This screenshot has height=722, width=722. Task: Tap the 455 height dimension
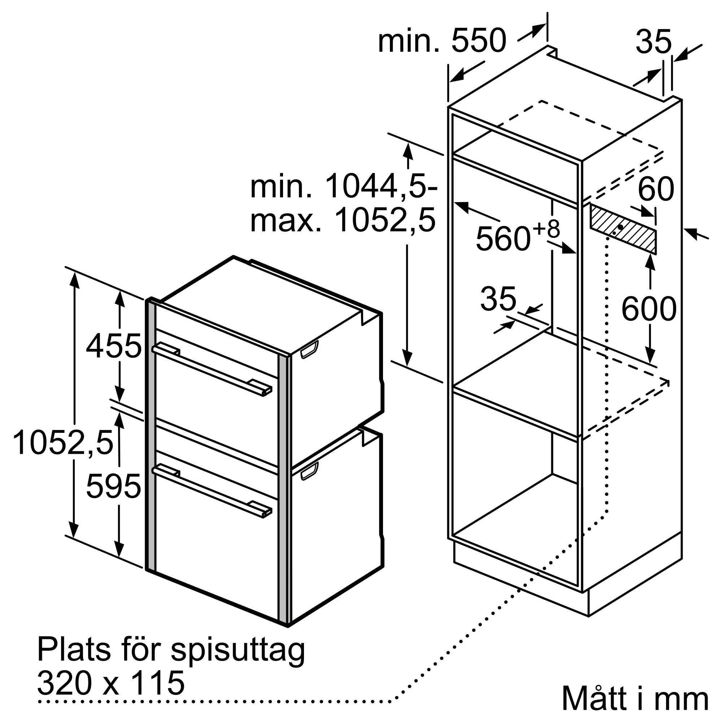click(114, 346)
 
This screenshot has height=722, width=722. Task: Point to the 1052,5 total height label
click(63, 443)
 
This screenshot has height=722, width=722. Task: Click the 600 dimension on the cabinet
click(649, 309)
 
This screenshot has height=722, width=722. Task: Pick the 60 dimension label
click(656, 190)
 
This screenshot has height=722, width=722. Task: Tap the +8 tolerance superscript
click(546, 229)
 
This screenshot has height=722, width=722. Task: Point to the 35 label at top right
click(654, 42)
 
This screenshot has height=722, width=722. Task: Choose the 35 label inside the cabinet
click(498, 299)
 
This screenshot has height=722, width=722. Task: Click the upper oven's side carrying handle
click(309, 349)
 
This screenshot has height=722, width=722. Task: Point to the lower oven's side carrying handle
click(309, 471)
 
